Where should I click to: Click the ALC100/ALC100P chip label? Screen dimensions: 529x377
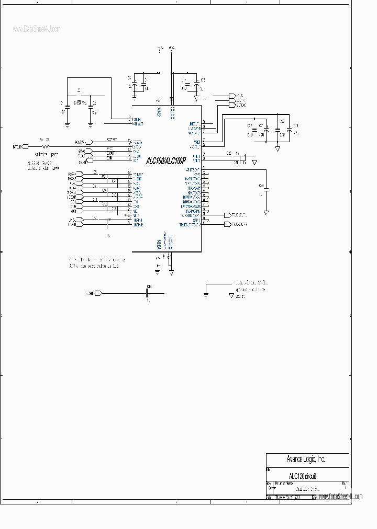[x=166, y=161]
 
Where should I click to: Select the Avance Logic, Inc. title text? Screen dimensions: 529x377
[x=306, y=459]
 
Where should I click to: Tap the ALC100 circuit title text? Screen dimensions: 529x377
[x=303, y=476]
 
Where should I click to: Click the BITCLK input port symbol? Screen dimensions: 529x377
[x=19, y=147]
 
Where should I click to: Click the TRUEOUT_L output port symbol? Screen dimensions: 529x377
[x=227, y=215]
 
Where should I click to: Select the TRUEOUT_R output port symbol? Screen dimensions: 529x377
[x=227, y=224]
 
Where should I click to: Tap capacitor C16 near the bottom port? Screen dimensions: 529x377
[x=147, y=294]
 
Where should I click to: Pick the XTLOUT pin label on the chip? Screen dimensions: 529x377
[x=137, y=124]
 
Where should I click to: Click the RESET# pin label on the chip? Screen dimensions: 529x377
[x=137, y=142]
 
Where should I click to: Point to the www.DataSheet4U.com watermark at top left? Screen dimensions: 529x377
[x=36, y=29]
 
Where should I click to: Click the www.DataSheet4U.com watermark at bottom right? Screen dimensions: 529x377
[x=338, y=497]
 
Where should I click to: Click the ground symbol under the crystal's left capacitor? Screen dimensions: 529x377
[x=67, y=124]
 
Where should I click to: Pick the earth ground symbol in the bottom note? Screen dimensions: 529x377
[x=206, y=295]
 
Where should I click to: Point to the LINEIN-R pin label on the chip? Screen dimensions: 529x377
[x=138, y=225]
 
